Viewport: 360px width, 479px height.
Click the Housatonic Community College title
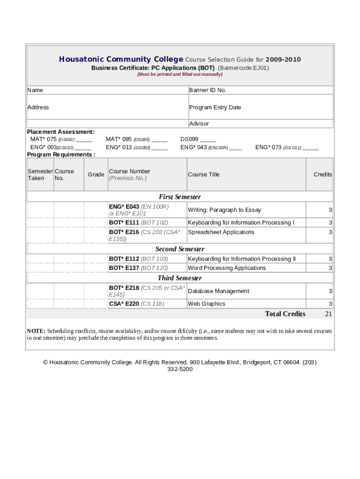point(121,59)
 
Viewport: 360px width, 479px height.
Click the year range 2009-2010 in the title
point(283,59)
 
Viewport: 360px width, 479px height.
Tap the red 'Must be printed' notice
point(180,74)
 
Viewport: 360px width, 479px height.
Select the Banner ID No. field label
point(208,90)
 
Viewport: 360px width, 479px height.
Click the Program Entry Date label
point(215,107)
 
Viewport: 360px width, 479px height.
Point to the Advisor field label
point(199,123)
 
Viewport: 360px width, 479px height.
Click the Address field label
point(38,107)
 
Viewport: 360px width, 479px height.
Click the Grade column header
point(96,174)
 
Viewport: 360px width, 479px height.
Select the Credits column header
point(323,174)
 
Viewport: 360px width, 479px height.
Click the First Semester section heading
point(180,197)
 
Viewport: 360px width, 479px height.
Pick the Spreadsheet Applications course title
point(221,232)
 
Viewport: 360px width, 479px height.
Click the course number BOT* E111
point(124,223)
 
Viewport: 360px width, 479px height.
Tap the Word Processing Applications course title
point(227,268)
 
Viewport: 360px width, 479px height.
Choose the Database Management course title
point(218,291)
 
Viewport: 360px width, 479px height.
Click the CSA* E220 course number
point(124,304)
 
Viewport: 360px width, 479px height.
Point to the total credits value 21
point(328,314)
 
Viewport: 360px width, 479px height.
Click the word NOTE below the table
point(36,331)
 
